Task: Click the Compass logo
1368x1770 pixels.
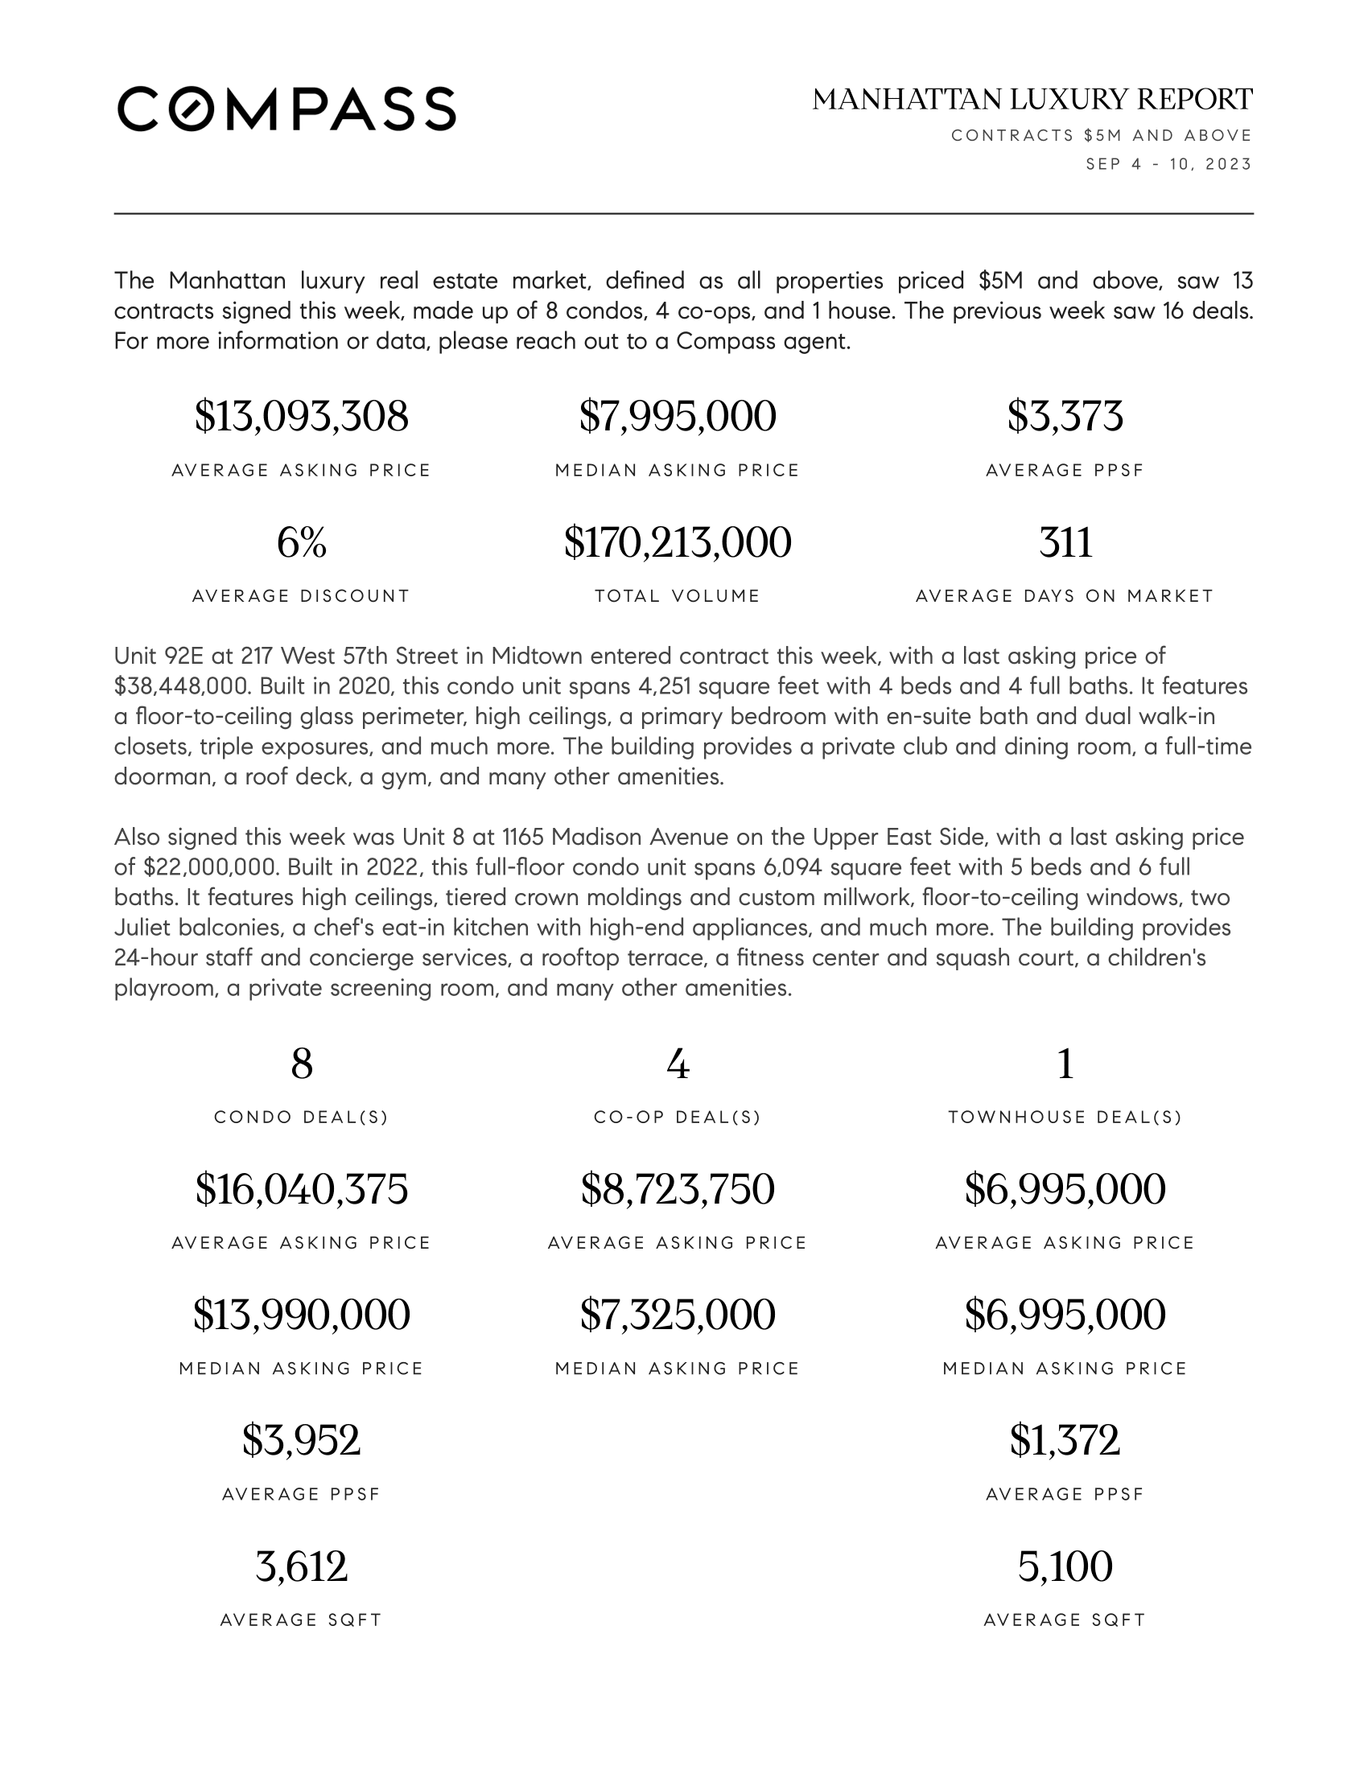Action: point(286,109)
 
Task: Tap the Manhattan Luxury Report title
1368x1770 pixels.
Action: point(1032,100)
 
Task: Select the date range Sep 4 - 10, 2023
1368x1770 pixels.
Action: point(1168,164)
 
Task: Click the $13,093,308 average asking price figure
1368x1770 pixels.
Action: point(302,417)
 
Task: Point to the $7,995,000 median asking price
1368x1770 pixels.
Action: point(678,417)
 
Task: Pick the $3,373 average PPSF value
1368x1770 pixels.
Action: point(1065,417)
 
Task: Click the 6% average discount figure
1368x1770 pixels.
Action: point(302,542)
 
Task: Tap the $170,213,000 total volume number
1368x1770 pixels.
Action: point(678,542)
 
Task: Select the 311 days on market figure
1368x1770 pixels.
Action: point(1065,542)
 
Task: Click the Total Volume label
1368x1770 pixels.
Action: point(678,596)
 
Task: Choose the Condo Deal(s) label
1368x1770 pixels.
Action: point(302,1118)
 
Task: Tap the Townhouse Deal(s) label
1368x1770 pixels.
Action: point(1065,1118)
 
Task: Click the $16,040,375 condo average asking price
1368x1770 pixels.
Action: point(302,1189)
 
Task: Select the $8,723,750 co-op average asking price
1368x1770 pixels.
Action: point(678,1189)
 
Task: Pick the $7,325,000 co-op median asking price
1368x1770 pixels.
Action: point(678,1315)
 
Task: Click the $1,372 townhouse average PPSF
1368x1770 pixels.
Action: point(1065,1440)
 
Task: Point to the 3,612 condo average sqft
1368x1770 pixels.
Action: point(302,1566)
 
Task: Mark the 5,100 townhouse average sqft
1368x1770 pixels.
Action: point(1065,1566)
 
